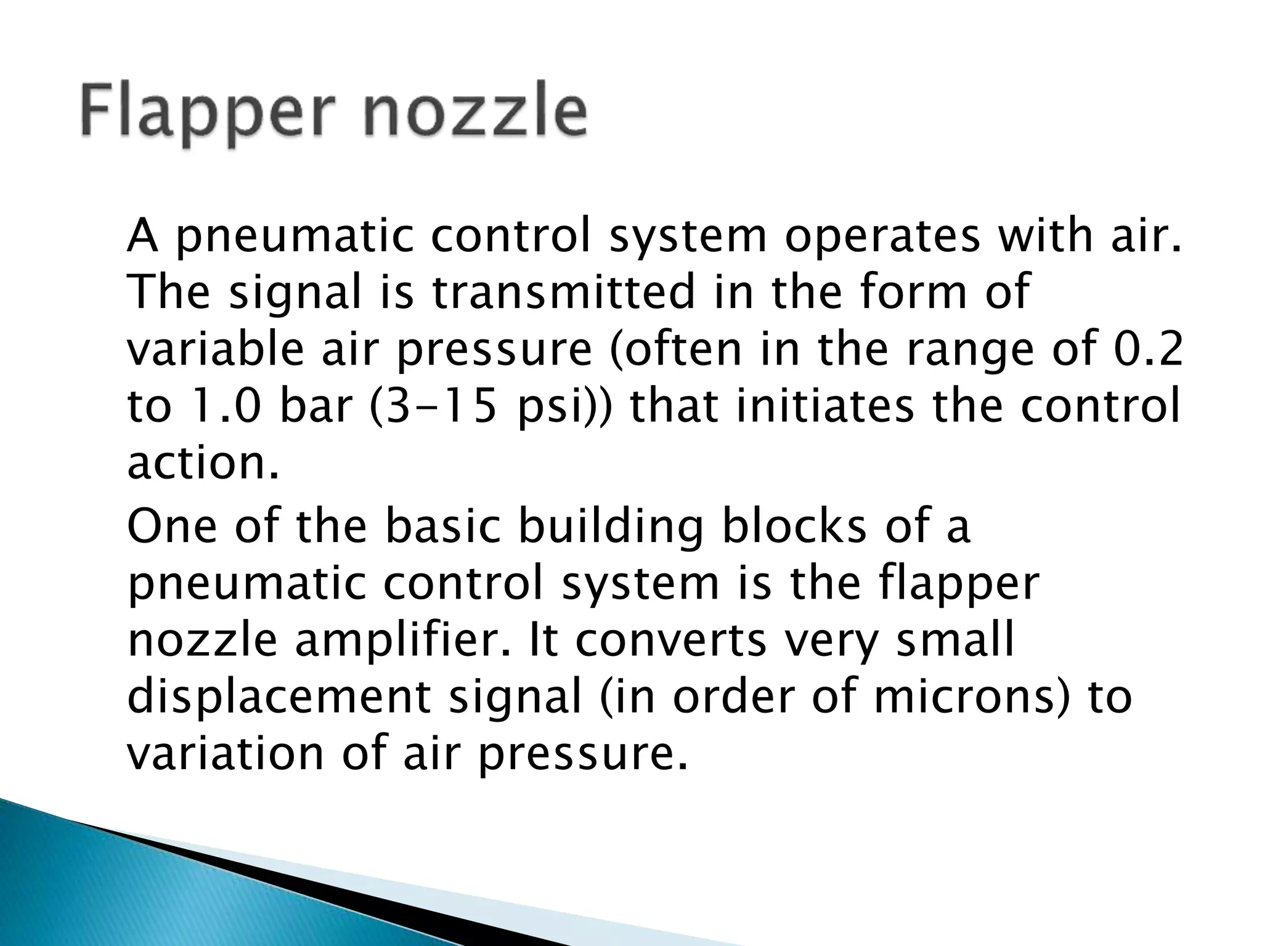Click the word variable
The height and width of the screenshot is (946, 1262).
[215, 349]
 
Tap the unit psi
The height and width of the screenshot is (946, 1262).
[555, 409]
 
